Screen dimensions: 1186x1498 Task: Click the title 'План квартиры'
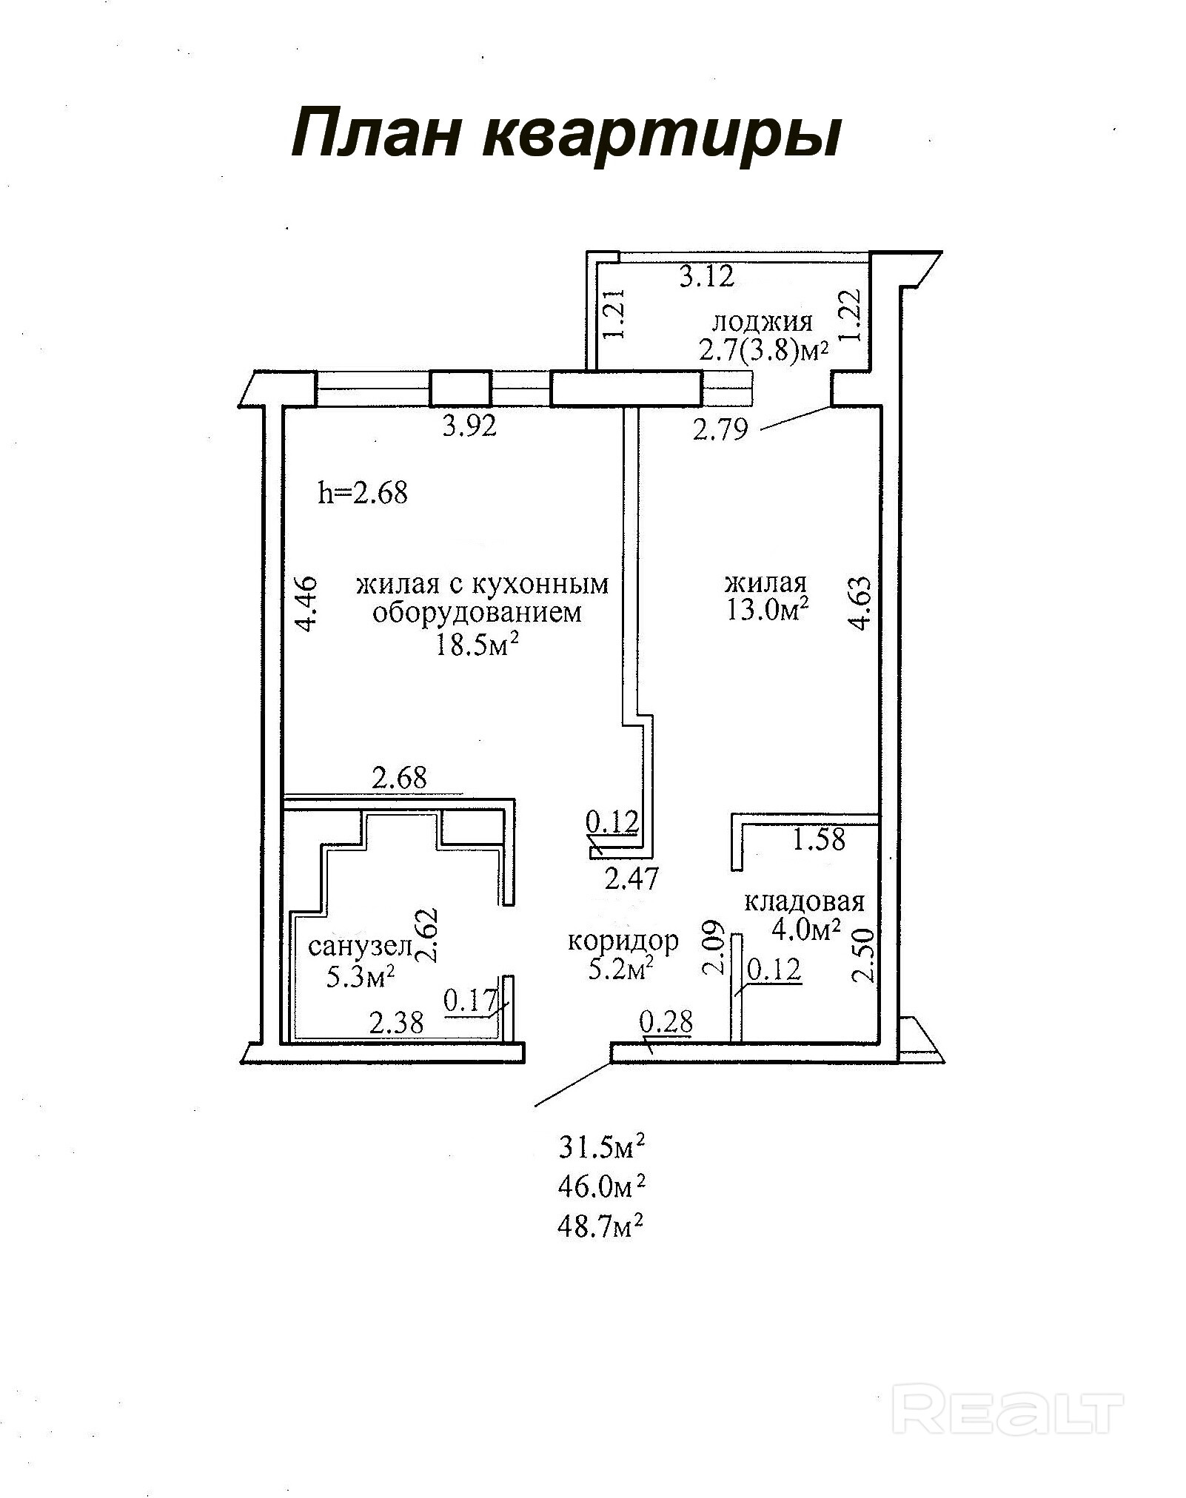(x=566, y=133)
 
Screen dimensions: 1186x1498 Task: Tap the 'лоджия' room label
(x=762, y=322)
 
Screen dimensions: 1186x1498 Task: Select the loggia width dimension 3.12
(x=706, y=277)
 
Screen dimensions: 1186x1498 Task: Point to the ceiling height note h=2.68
(x=363, y=492)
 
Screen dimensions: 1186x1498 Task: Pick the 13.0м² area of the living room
(x=767, y=611)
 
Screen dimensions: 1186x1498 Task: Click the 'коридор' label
(x=623, y=941)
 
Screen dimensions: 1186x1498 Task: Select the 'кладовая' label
(x=804, y=901)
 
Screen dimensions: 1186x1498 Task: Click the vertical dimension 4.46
(x=306, y=603)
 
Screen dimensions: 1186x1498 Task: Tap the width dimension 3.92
(x=469, y=427)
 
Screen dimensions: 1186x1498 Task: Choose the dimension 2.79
(x=720, y=429)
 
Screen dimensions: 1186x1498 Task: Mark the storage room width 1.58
(x=819, y=839)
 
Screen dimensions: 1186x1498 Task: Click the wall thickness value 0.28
(x=666, y=1022)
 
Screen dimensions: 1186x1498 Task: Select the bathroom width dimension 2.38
(x=396, y=1023)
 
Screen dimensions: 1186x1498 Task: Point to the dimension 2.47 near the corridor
(x=631, y=879)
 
